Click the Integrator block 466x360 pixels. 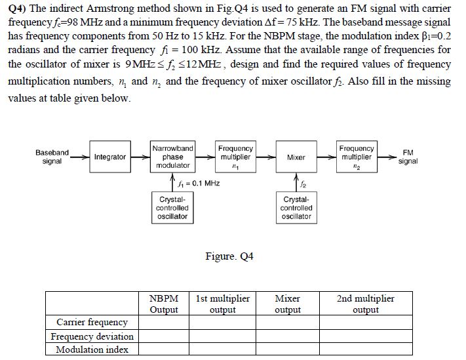coord(109,157)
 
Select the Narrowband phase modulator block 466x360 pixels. coord(172,157)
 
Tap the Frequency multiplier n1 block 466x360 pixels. coord(235,157)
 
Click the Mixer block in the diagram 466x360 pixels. coord(296,157)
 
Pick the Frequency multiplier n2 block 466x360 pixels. coord(357,157)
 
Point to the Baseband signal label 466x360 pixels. coord(52,157)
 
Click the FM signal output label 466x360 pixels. coord(407,157)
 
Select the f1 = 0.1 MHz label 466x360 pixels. coord(197,183)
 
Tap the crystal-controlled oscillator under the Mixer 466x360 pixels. coord(296,208)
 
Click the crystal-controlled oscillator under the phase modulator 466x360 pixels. coord(172,208)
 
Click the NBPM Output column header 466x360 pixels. coord(164,304)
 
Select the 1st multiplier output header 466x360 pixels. coord(222,304)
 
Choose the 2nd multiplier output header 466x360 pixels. coord(366,304)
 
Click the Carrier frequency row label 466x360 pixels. coord(92,323)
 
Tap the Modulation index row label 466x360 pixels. coord(92,350)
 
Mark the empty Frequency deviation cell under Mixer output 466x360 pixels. coord(287,336)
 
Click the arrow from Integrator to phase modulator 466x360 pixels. coord(139,157)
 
